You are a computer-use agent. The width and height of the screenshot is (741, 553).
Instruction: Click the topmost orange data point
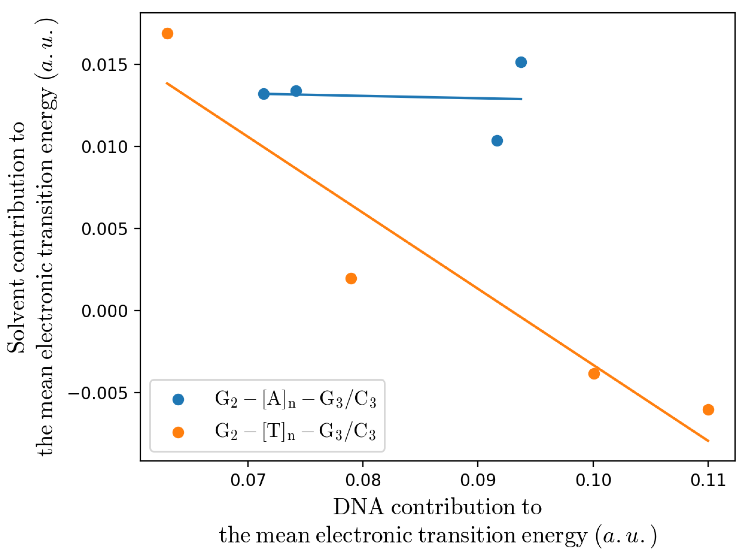click(167, 33)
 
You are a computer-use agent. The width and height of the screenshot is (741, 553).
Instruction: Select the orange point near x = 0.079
click(351, 278)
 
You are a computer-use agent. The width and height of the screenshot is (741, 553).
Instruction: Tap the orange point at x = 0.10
click(594, 374)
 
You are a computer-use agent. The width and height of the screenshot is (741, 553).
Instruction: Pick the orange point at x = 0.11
click(708, 409)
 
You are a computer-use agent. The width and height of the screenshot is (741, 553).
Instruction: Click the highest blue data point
click(521, 62)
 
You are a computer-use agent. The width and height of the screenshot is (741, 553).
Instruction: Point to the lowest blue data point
click(497, 141)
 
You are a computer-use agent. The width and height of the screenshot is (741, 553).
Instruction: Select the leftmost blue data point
click(264, 94)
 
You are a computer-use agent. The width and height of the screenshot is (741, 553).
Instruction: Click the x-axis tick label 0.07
click(248, 480)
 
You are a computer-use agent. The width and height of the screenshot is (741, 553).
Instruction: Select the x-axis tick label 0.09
click(478, 480)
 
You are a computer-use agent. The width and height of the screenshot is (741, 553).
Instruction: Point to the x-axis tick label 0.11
click(708, 480)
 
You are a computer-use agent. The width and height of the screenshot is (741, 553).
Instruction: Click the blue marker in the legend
click(178, 399)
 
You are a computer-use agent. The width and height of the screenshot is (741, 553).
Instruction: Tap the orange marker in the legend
click(178, 432)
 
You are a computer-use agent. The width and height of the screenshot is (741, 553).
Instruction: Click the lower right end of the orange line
click(708, 441)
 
